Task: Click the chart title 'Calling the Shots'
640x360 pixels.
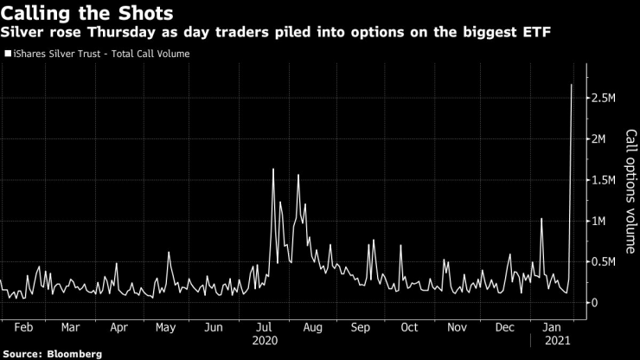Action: pos(86,14)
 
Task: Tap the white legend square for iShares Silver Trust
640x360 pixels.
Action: pos(7,54)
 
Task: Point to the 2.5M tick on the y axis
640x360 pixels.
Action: pos(602,99)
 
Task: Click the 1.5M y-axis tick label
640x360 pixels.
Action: pos(602,180)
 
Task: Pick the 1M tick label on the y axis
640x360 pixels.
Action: pos(598,221)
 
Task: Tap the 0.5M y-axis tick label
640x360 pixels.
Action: pos(602,261)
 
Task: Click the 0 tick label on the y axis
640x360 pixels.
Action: pos(594,302)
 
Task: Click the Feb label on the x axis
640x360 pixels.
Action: pos(24,328)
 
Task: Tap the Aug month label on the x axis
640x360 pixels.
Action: pos(312,328)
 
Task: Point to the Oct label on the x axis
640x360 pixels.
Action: pos(409,328)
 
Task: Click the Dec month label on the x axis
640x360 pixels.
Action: pos(505,328)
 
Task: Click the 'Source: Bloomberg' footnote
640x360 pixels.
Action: pos(52,354)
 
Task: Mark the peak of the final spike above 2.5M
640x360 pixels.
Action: pos(572,84)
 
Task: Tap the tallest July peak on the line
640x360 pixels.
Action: pos(273,169)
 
